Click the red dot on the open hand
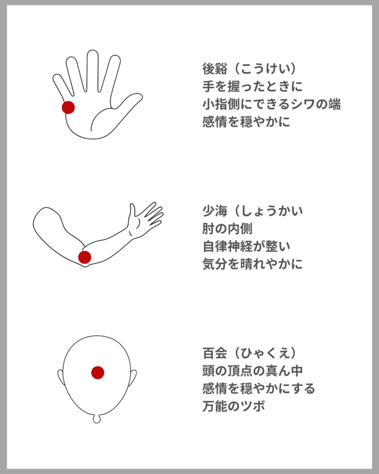pyautogui.click(x=68, y=107)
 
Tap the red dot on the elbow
pyautogui.click(x=85, y=257)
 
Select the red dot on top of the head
pyautogui.click(x=98, y=373)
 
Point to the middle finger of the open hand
pyautogui.click(x=93, y=70)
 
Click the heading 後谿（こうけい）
pyautogui.click(x=249, y=69)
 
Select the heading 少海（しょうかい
pyautogui.click(x=253, y=211)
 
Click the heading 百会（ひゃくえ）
pyautogui.click(x=249, y=353)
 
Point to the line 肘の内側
pyautogui.click(x=227, y=229)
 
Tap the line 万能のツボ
pyautogui.click(x=234, y=406)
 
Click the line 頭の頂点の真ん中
pyautogui.click(x=252, y=371)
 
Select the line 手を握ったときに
pyautogui.click(x=252, y=87)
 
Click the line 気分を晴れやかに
pyautogui.click(x=252, y=264)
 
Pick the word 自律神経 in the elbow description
pyautogui.click(x=227, y=246)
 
